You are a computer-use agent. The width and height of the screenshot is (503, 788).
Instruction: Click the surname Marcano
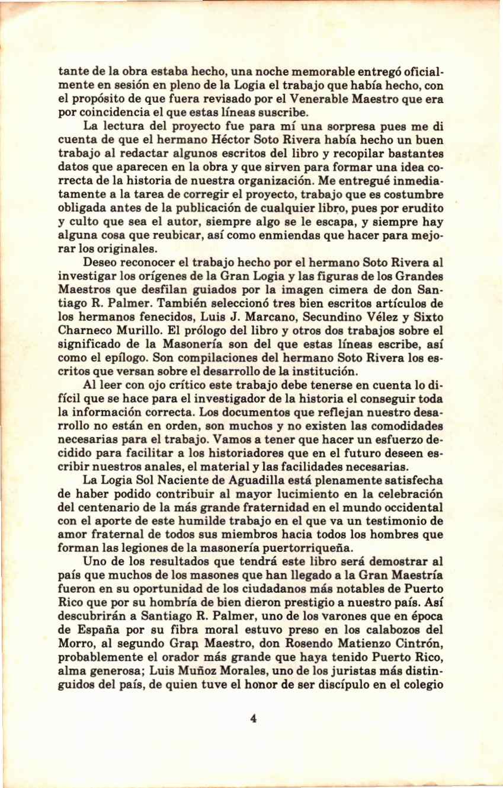tap(256, 314)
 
